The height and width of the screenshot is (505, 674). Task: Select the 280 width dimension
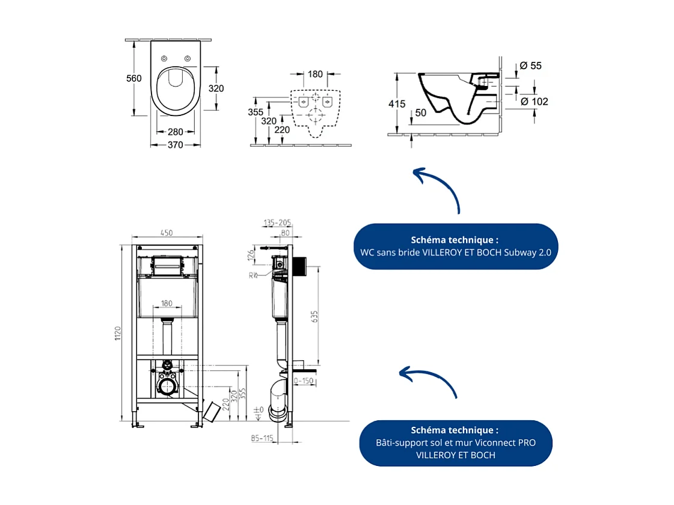tap(175, 132)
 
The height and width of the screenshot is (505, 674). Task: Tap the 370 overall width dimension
tap(175, 145)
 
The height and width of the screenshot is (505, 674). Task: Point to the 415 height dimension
tap(397, 104)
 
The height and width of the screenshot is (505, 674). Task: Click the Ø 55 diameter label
tap(530, 66)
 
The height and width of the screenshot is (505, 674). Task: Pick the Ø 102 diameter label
tap(534, 102)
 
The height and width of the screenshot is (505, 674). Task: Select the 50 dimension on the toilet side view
tap(420, 113)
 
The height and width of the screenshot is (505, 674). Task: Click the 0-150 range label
tap(305, 381)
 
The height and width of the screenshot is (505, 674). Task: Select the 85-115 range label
tap(262, 438)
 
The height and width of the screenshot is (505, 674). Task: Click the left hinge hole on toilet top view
tap(164, 58)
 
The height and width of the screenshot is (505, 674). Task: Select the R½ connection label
tap(254, 275)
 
